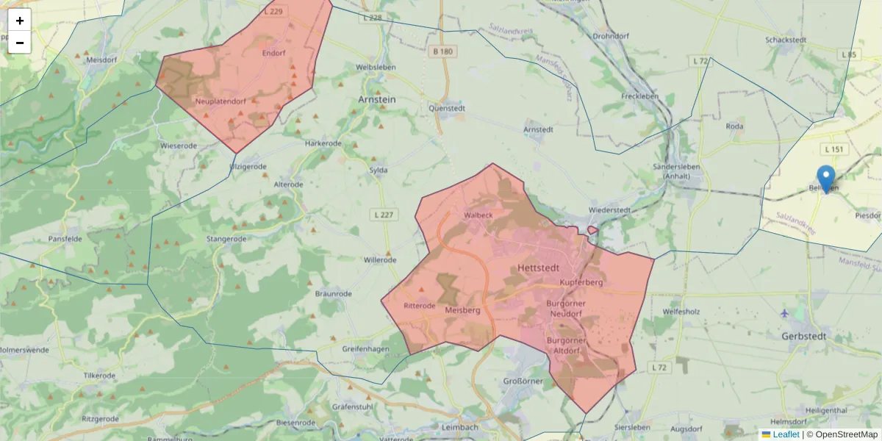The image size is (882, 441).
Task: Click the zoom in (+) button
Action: tap(20, 21)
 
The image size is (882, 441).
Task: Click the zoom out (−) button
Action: tap(20, 43)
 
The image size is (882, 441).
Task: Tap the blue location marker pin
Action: tap(826, 178)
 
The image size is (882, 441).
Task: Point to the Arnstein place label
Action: tap(377, 98)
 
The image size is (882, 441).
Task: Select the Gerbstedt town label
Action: tap(805, 336)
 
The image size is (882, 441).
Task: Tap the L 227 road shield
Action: tap(382, 215)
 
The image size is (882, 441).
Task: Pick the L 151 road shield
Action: tap(835, 149)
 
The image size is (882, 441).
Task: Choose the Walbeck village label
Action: tap(478, 215)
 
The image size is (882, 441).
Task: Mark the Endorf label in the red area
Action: tap(273, 53)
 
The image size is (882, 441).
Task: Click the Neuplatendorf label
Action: tap(220, 101)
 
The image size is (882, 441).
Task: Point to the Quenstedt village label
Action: tap(447, 108)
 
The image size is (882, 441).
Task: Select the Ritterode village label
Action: tap(420, 305)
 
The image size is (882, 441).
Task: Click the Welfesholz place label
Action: tap(681, 312)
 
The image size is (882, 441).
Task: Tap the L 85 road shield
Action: tap(850, 54)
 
